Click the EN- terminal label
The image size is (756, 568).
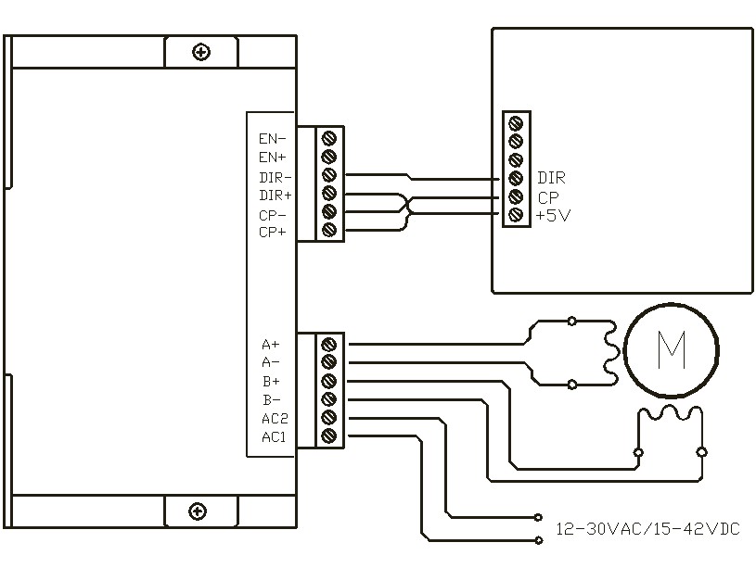273,139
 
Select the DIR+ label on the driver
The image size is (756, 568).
275,196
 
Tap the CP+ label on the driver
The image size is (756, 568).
273,233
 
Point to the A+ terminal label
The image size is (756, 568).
271,345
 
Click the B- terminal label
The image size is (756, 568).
272,400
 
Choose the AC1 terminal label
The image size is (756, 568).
274,437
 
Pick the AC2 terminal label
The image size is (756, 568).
275,418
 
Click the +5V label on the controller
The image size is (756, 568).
553,215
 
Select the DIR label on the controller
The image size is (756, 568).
551,178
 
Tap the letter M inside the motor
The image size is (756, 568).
672,350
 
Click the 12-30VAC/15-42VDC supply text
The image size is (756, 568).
647,529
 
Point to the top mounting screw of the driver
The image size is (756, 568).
201,52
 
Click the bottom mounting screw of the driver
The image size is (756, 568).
198,511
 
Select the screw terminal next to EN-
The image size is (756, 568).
328,139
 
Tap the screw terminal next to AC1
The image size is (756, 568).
328,435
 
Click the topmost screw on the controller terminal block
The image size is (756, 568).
516,123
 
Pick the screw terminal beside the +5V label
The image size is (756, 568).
516,214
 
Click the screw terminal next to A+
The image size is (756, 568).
328,345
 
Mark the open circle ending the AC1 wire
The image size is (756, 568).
539,540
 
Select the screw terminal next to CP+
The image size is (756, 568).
328,229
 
